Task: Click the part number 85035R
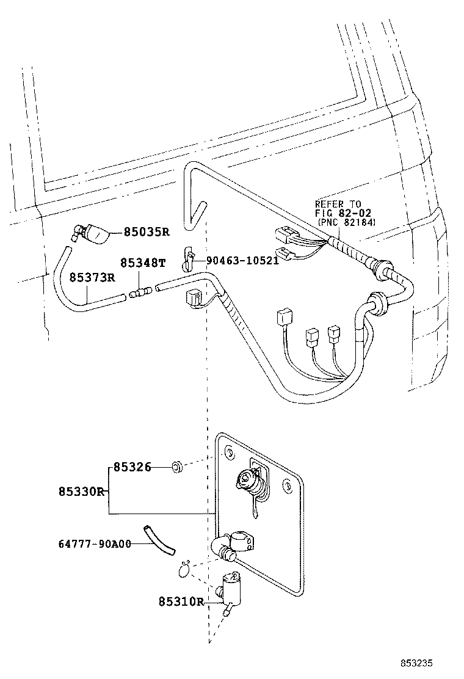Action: coord(147,232)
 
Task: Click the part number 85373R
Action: coord(92,278)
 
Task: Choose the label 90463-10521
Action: coord(242,260)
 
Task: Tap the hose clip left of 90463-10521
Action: coord(188,258)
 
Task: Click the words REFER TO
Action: coord(338,204)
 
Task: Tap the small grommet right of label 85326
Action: coord(175,468)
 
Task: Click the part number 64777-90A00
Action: coord(95,543)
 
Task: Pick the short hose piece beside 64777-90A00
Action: coord(159,539)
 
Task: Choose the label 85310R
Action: coord(181,601)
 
